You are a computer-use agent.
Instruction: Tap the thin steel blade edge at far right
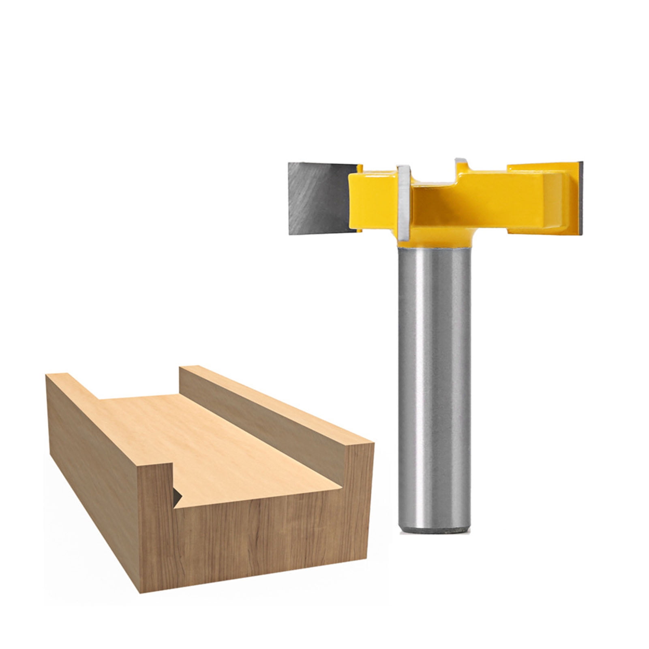(581, 199)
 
